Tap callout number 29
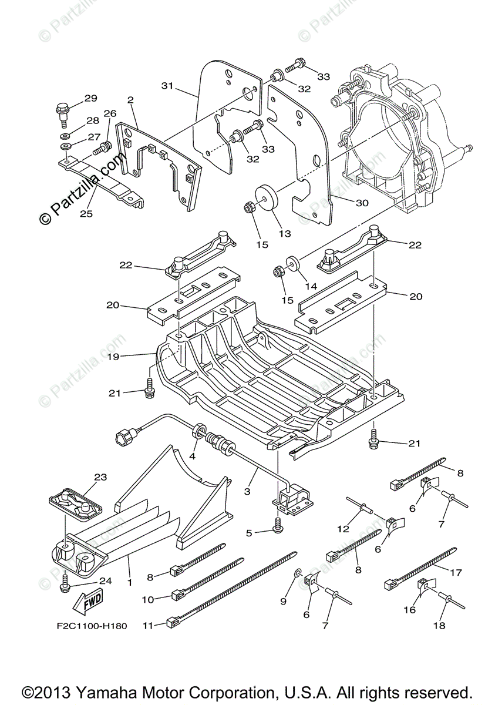coord(90,98)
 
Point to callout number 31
coord(168,86)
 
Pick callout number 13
coord(285,233)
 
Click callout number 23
coord(100,477)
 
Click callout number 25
coord(86,213)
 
